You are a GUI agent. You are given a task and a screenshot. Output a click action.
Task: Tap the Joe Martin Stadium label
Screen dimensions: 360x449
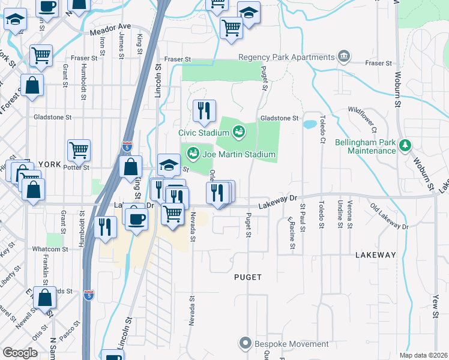point(238,154)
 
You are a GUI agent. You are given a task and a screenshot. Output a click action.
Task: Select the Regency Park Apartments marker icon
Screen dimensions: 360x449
point(345,57)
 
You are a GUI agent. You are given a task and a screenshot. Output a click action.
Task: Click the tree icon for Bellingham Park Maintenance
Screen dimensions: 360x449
point(406,145)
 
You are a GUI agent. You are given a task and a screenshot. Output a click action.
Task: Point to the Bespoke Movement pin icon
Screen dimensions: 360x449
point(245,344)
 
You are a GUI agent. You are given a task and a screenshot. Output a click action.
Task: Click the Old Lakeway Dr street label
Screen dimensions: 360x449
point(389,217)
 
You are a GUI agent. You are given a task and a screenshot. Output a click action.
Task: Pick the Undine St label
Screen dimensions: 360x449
point(339,215)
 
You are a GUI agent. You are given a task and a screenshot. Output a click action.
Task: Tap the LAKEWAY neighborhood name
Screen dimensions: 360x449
point(376,255)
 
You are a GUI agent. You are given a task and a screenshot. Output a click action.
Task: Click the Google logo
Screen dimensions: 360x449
point(20,353)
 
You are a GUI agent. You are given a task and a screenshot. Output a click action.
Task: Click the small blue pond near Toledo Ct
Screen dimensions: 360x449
point(310,125)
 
